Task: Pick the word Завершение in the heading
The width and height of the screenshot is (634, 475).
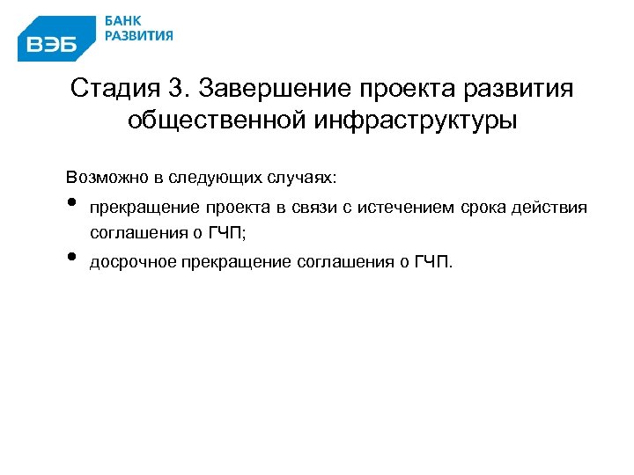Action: pos(276,90)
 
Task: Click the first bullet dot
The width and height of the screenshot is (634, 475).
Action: pos(71,206)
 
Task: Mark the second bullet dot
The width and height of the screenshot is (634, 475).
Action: pos(71,258)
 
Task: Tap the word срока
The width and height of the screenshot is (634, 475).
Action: pos(490,208)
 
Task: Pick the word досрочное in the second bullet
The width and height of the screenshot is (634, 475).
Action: pos(133,261)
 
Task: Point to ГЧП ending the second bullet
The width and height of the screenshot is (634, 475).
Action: pos(430,261)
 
